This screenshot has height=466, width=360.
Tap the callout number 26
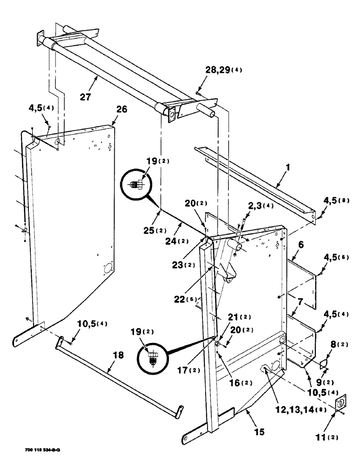pos(121,110)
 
